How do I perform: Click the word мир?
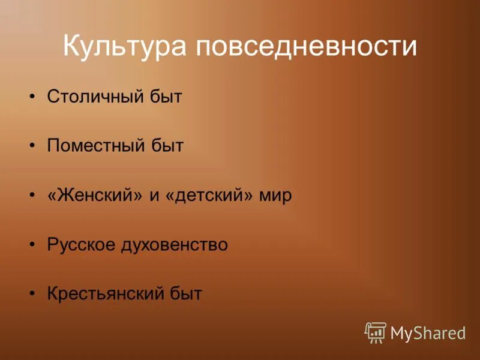275,196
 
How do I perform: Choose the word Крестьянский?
101,294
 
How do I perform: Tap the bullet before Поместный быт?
33,146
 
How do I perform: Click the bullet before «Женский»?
33,196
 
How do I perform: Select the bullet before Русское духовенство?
33,245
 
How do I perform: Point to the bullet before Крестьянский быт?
33,294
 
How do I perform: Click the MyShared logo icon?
376,332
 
